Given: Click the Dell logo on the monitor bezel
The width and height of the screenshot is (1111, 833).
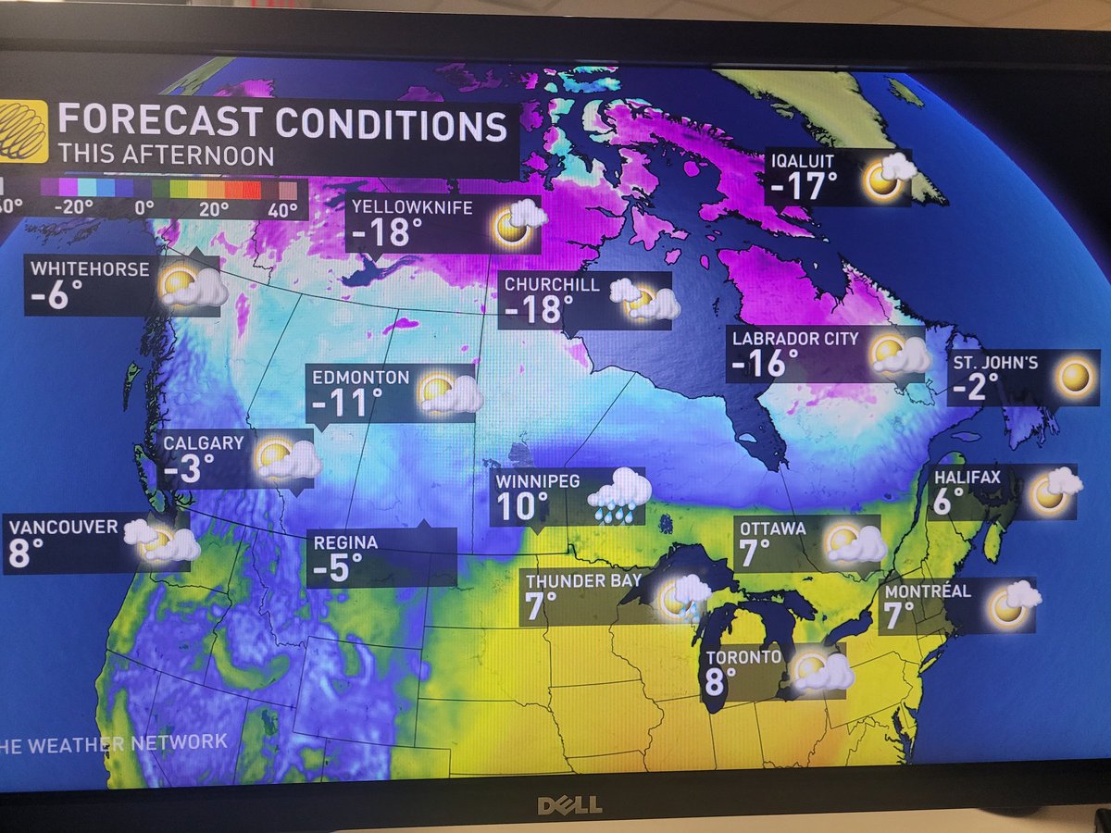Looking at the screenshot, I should (x=568, y=804).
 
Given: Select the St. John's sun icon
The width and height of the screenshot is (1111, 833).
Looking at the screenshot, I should (x=1075, y=378).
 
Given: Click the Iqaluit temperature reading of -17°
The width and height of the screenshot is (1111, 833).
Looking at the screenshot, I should (x=796, y=188).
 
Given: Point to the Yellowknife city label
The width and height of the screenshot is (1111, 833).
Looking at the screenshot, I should (x=411, y=207).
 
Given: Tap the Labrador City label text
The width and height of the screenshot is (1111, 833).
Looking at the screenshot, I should (x=795, y=338).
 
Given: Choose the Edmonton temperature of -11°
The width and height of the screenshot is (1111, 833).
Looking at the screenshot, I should (x=347, y=403).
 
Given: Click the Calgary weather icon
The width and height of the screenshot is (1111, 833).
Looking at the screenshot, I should (x=286, y=458).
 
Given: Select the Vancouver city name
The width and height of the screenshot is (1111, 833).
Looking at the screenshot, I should (x=64, y=527).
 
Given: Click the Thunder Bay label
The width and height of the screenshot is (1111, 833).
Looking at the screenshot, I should (x=583, y=581).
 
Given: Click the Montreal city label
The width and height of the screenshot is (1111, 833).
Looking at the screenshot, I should (x=928, y=591).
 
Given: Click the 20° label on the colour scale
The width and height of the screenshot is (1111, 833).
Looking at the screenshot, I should (x=213, y=208).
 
